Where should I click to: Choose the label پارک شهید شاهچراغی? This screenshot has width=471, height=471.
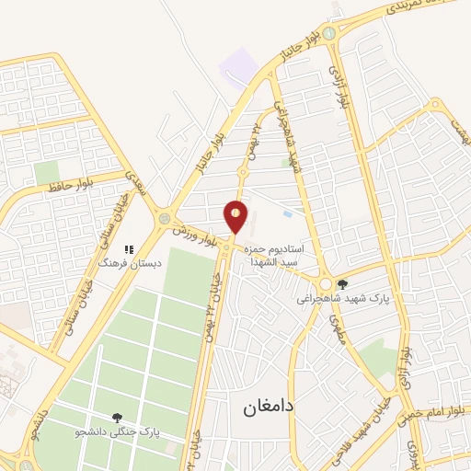pyautogui.click(x=342, y=298)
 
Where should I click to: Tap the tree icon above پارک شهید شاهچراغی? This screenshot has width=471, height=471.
pyautogui.click(x=343, y=284)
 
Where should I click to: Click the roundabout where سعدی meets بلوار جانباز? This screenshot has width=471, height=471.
pyautogui.click(x=165, y=218)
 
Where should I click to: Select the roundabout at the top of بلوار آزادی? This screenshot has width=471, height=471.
pyautogui.click(x=328, y=33)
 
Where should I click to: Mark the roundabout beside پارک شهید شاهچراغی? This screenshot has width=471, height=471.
pyautogui.click(x=325, y=284)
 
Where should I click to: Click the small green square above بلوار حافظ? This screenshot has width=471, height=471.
pyautogui.click(x=46, y=172)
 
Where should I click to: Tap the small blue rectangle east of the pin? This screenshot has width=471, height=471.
pyautogui.click(x=288, y=213)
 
